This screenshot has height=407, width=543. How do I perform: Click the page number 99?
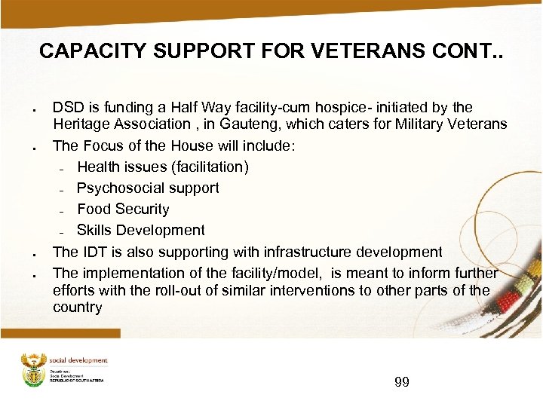pyautogui.click(x=402, y=382)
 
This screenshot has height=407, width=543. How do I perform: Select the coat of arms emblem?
pyautogui.click(x=33, y=369)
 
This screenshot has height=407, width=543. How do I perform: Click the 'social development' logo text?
pyautogui.click(x=78, y=360)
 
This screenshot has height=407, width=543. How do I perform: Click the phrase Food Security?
pyautogui.click(x=123, y=209)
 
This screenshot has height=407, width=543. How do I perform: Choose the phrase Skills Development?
pyautogui.click(x=140, y=230)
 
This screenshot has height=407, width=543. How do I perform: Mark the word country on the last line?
pyautogui.click(x=77, y=307)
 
